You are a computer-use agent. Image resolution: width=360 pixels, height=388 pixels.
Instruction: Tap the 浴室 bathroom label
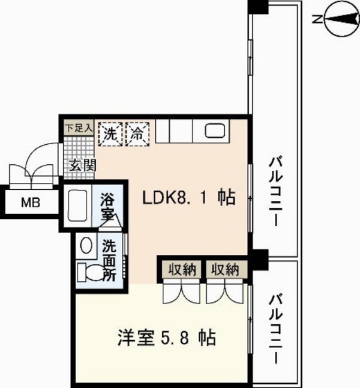[x=107, y=206]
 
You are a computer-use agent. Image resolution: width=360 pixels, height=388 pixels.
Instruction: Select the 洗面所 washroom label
[x=109, y=258]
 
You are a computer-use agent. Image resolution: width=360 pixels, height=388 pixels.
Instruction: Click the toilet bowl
[x=88, y=272]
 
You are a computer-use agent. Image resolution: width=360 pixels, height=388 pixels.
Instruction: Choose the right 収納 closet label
[x=224, y=269]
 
